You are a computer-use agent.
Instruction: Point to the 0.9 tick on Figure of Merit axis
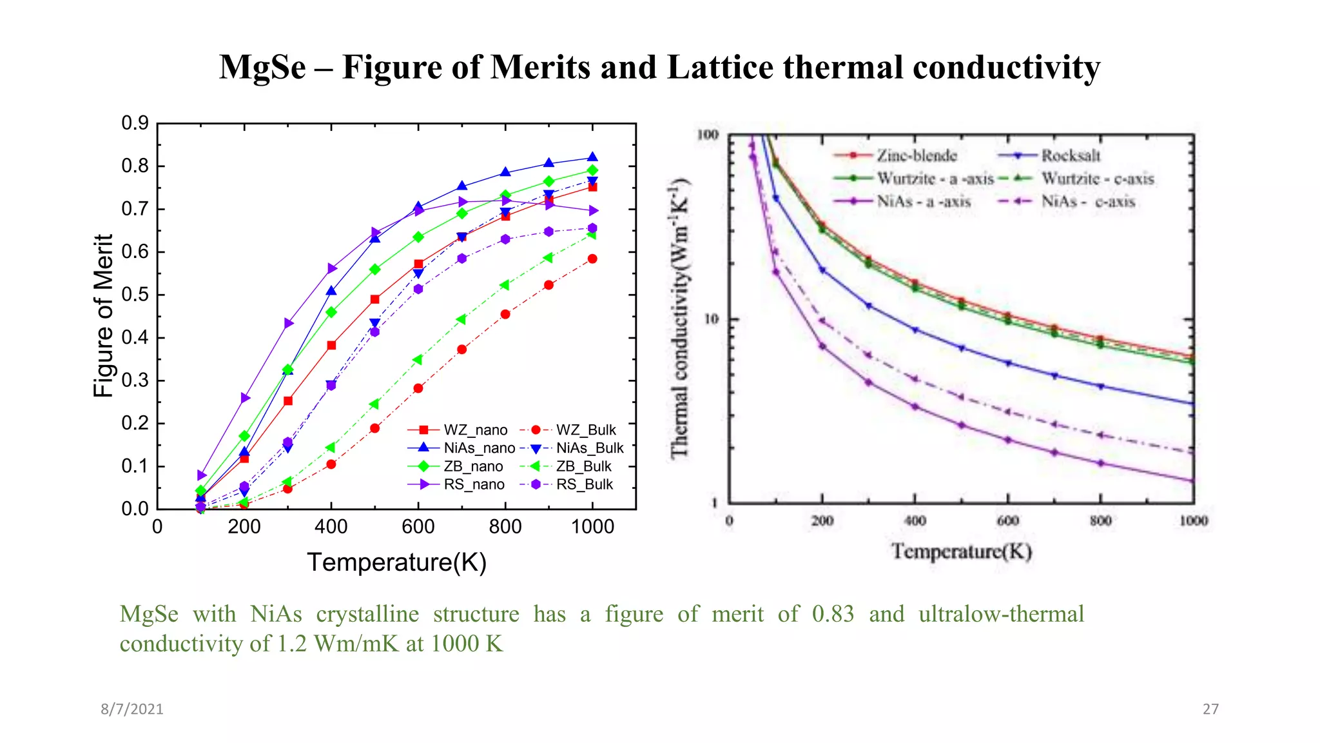135,123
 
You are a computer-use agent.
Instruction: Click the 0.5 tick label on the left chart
135,295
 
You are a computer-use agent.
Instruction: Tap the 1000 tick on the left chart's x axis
592,527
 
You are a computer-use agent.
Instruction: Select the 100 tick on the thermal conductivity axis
708,135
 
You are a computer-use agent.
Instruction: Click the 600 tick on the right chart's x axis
1007,520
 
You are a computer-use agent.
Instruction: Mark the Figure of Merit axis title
103,316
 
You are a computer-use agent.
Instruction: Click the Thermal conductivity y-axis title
681,317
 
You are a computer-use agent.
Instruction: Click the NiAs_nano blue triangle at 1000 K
593,157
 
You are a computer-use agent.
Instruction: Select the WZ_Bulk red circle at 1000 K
593,259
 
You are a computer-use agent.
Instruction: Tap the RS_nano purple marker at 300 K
289,323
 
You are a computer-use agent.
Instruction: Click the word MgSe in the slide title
262,67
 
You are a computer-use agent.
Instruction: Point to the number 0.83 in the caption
833,614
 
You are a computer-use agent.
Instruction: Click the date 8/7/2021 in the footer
132,709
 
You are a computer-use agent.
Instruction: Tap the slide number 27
1210,709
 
